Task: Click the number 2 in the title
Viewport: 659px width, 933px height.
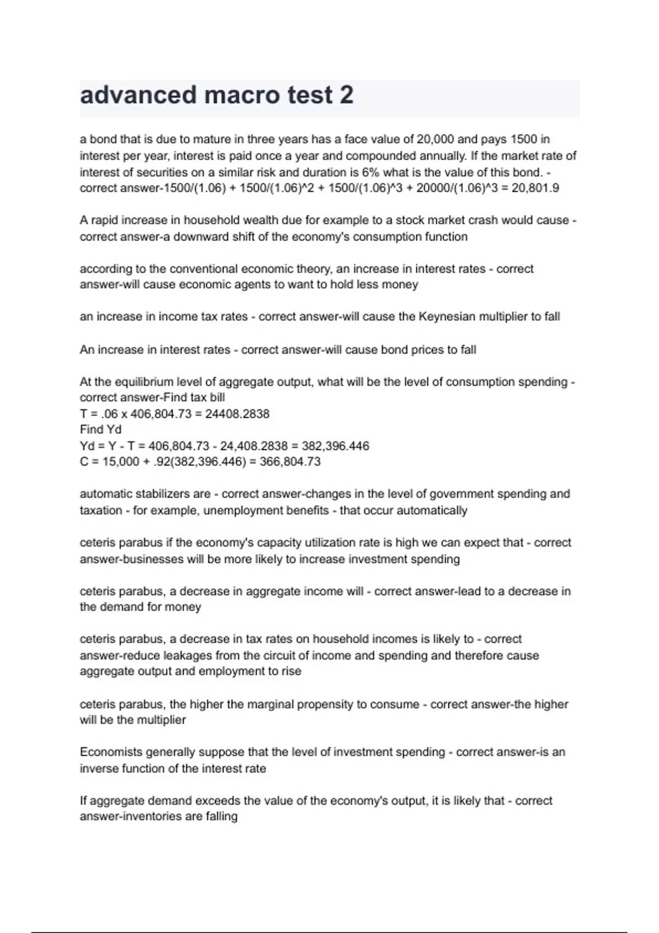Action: (347, 95)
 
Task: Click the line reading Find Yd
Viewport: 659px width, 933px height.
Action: (100, 429)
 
